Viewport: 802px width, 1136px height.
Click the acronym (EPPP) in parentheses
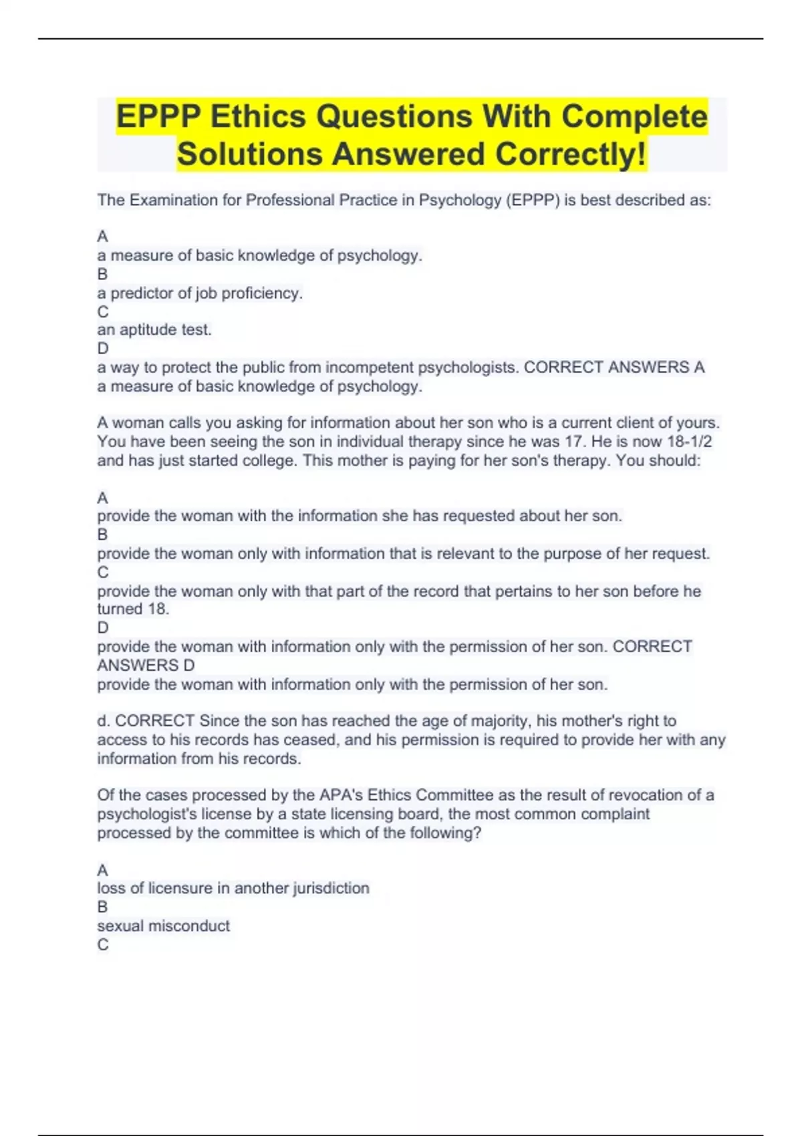[533, 200]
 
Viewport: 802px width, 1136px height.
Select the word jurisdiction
[331, 888]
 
